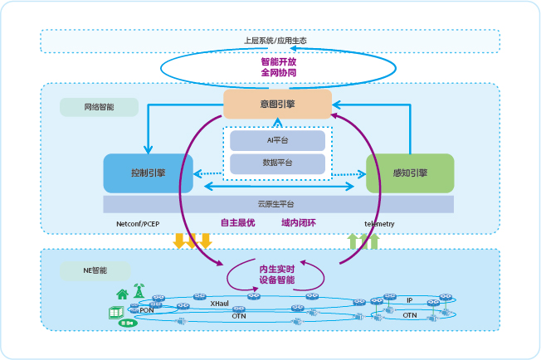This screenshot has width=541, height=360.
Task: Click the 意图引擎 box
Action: [278, 104]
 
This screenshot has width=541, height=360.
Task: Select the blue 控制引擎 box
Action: [148, 173]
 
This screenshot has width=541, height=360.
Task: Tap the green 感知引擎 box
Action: [410, 173]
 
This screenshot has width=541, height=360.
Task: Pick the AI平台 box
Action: [277, 141]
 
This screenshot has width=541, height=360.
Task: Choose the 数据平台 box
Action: [277, 163]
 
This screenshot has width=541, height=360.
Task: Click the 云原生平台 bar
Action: [278, 204]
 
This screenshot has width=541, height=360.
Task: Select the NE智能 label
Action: [95, 270]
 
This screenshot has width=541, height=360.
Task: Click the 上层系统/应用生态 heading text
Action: [270, 41]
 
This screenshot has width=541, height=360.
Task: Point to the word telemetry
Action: [380, 224]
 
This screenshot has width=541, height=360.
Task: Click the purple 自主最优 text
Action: [237, 223]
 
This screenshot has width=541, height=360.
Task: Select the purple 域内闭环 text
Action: [299, 223]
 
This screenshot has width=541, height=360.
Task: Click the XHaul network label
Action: [220, 304]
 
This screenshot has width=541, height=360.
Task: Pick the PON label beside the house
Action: [146, 310]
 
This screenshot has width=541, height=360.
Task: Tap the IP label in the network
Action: [409, 299]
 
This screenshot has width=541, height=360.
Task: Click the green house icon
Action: [122, 294]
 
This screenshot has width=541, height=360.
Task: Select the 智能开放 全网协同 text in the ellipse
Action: [278, 67]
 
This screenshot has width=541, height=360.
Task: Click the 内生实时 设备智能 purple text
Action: [277, 275]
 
